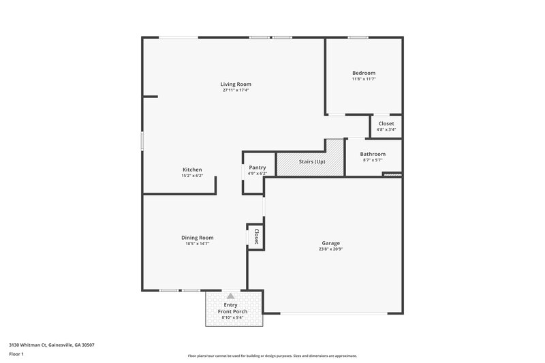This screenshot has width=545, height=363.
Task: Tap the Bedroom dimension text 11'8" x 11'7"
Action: click(363, 79)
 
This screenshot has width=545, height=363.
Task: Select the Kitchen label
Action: click(192, 170)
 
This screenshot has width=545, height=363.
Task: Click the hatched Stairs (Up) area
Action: click(311, 162)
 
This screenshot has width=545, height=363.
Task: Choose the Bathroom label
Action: click(373, 154)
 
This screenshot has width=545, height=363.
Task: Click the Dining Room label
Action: click(198, 238)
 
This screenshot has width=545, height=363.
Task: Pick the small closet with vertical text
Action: click(255, 236)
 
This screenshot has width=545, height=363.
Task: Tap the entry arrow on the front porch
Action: click(231, 296)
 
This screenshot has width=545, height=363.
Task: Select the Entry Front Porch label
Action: click(231, 309)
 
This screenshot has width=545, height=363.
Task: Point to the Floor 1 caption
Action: click(17, 354)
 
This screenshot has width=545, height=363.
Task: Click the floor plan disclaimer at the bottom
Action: click(272, 356)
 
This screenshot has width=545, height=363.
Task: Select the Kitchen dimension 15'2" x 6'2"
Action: click(192, 176)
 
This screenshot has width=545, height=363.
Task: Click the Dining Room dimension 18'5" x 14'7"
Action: click(198, 243)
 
